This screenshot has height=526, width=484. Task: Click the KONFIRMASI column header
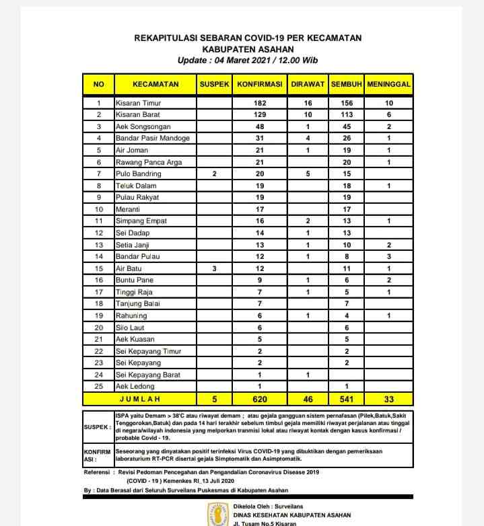tap(260, 84)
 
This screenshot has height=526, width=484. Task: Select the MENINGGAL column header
tap(389, 84)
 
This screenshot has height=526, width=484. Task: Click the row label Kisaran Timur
tap(139, 104)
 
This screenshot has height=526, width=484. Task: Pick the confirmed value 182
tap(260, 104)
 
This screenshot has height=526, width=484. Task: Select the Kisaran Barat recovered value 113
tap(346, 115)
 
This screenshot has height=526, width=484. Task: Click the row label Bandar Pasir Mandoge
tap(152, 139)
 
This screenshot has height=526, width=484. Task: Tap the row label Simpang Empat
tap(141, 221)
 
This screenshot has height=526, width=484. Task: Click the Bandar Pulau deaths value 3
tap(389, 256)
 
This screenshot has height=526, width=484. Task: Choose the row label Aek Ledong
tap(135, 386)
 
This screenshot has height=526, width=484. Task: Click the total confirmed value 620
tap(260, 398)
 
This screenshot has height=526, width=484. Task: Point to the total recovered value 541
tap(346, 398)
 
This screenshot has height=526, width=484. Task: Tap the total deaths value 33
tap(389, 398)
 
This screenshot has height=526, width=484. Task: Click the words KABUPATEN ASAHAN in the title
tap(248, 49)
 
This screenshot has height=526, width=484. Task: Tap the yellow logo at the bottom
tap(217, 514)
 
